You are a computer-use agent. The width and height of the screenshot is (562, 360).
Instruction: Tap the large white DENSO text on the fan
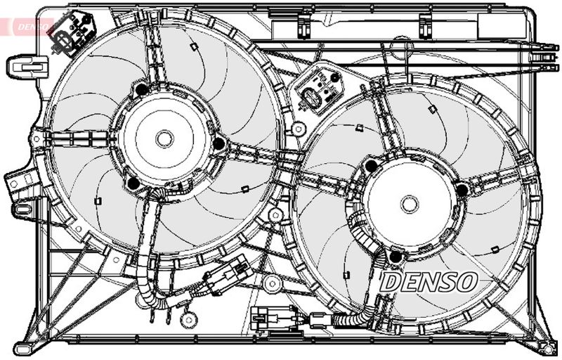click(x=429, y=282)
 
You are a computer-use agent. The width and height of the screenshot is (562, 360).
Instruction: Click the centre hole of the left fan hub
click(x=164, y=139)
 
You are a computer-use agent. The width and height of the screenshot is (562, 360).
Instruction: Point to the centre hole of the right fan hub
click(x=410, y=205)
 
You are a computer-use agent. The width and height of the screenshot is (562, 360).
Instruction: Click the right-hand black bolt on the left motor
click(x=219, y=144)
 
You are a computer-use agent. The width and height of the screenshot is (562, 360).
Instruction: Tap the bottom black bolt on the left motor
click(x=132, y=184)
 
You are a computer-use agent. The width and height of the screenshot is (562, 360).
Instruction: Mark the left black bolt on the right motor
click(x=370, y=166)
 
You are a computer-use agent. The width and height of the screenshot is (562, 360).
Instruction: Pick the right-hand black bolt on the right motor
click(x=462, y=190)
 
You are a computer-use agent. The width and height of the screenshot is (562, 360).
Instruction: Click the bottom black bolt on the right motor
click(x=395, y=257)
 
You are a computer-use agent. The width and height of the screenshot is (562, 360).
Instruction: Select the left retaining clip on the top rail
click(x=303, y=25)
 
